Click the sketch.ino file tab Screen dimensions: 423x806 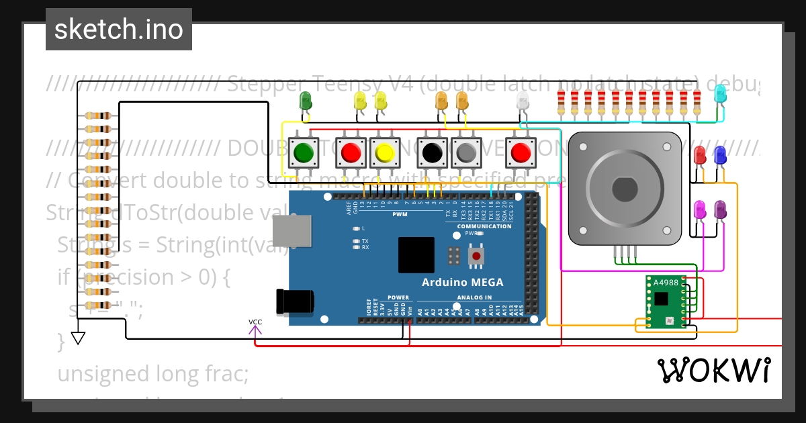(x=118, y=30)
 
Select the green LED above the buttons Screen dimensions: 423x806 (x=305, y=101)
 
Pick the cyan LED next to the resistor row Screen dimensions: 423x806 (x=720, y=95)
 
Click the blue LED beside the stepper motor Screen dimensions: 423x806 (x=720, y=155)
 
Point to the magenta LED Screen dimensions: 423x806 (x=700, y=209)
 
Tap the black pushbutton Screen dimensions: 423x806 (x=431, y=153)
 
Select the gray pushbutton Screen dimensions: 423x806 (x=465, y=153)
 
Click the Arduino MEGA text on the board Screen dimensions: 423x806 (x=462, y=282)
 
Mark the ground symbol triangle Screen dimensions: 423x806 (x=79, y=338)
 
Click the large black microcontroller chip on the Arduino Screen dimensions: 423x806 (x=416, y=255)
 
